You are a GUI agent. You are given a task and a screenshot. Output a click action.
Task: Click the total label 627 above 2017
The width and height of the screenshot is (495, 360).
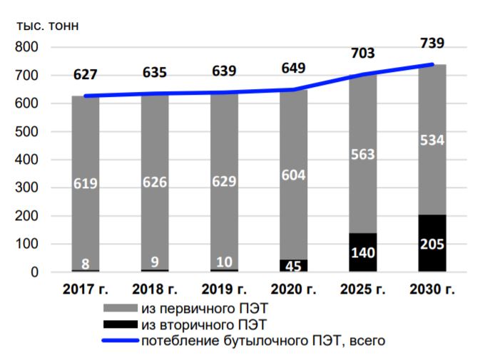85,74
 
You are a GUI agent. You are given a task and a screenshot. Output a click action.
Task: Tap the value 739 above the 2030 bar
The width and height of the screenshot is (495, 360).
432,43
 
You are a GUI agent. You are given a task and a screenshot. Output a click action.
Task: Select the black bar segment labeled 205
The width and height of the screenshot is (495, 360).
432,243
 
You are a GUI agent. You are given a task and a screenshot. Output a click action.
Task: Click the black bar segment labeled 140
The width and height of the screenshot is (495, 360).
362,252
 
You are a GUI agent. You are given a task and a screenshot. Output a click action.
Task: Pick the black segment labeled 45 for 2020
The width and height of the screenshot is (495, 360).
293,265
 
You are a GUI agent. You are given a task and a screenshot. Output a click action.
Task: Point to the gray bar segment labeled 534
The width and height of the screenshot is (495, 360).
432,140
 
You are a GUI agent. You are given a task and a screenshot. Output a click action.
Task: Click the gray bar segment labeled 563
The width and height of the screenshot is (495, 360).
362,153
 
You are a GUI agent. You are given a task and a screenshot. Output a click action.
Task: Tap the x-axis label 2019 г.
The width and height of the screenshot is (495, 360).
224,290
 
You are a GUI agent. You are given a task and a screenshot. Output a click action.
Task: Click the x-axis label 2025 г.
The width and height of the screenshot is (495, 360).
362,290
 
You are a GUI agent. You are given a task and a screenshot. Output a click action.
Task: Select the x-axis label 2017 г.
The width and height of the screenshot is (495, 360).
85,290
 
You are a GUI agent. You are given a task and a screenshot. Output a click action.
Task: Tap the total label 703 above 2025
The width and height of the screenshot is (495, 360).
362,53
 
